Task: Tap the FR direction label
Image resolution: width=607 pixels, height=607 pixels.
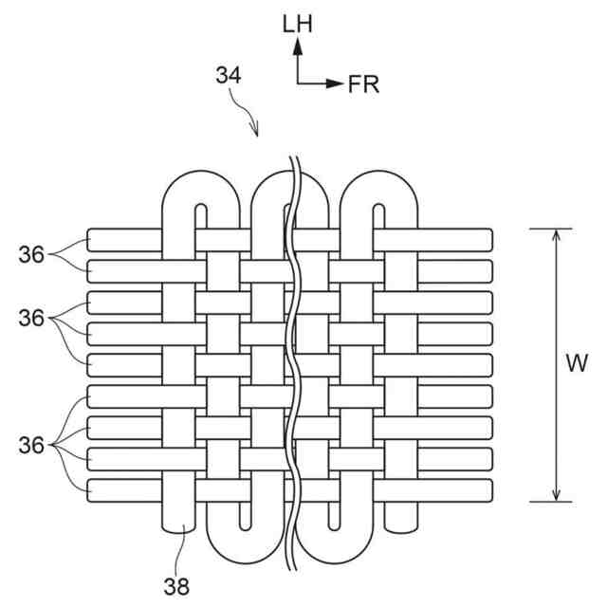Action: pos(363,84)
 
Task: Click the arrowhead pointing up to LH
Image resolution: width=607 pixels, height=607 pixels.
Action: pos(297,48)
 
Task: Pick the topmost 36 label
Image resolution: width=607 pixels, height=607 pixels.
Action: pos(31,253)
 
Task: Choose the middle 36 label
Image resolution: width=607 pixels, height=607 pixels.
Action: pos(31,319)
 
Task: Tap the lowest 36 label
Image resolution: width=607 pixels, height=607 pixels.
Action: pos(31,444)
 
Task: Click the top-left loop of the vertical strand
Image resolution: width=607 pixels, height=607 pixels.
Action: pos(202,186)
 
